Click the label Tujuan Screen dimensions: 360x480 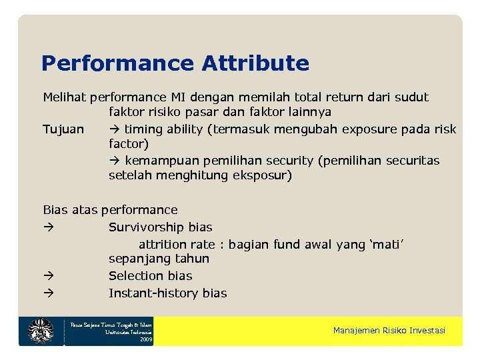point(64,129)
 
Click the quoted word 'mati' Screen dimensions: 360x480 point(386,245)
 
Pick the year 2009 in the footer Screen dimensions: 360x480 point(146,339)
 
